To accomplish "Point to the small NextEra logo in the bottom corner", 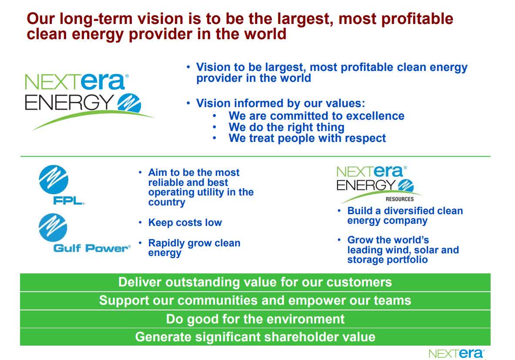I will pyautogui.click(x=456, y=353).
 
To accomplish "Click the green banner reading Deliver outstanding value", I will pyautogui.click(x=255, y=282).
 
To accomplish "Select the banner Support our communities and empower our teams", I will pyautogui.click(x=255, y=300).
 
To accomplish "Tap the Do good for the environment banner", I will pyautogui.click(x=255, y=319).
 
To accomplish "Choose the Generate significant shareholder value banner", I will pyautogui.click(x=255, y=336).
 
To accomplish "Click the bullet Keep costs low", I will pyautogui.click(x=185, y=223).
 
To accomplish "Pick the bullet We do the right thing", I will pyautogui.click(x=286, y=127).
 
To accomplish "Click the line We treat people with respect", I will pyautogui.click(x=307, y=138).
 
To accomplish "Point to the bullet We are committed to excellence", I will pyautogui.click(x=316, y=116).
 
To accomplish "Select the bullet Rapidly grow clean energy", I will pyautogui.click(x=194, y=248).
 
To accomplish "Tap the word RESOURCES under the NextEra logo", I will pyautogui.click(x=400, y=199).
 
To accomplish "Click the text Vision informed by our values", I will pyautogui.click(x=280, y=104).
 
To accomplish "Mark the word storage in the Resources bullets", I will pyautogui.click(x=365, y=260).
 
